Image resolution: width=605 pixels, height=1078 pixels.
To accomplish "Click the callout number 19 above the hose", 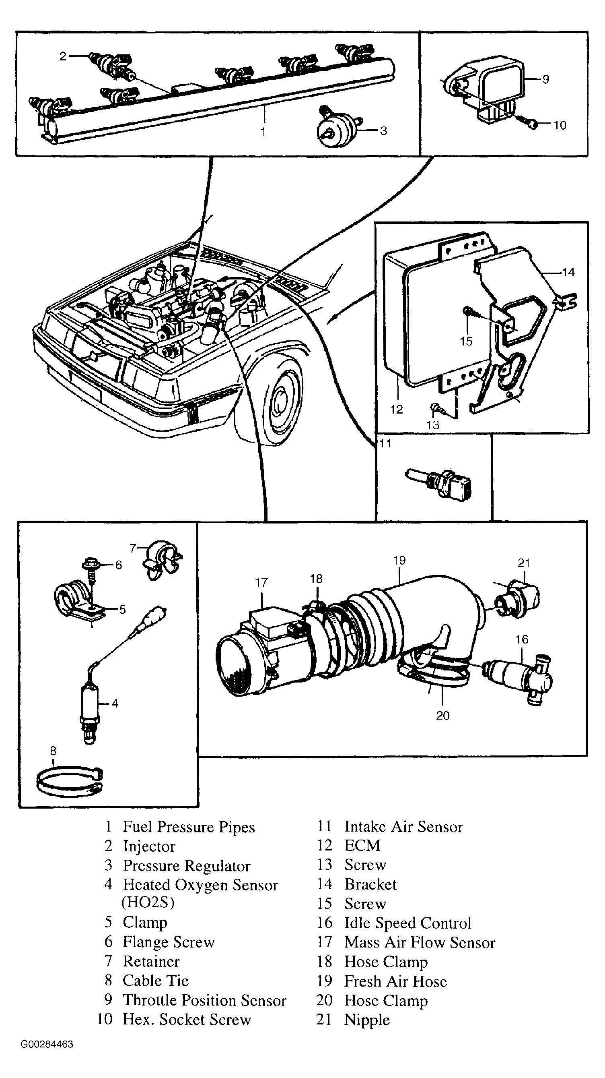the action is click(x=399, y=560).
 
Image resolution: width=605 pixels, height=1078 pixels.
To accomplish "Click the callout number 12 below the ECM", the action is click(x=396, y=409).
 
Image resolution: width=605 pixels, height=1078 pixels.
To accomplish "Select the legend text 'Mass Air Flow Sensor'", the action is click(x=420, y=942).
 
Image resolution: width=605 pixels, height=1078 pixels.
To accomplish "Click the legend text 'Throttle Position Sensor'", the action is click(x=204, y=1000).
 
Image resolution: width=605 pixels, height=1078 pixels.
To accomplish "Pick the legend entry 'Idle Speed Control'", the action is click(x=407, y=923).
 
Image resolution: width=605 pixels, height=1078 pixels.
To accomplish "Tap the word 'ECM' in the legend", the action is click(x=362, y=845).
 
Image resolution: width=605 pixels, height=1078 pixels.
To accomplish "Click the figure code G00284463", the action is click(x=47, y=1044).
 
